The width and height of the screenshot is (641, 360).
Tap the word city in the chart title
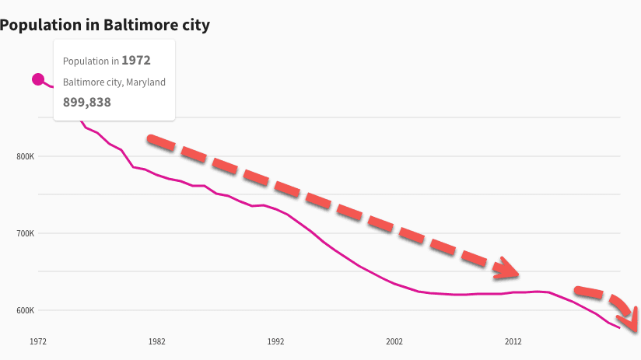[194, 25]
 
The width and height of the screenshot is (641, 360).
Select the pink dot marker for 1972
[37, 79]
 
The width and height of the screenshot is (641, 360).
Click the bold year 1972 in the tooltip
[135, 60]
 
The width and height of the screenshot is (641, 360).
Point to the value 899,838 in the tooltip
[86, 102]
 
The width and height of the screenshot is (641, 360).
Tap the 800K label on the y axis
[26, 157]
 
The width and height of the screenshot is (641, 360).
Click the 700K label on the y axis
[26, 233]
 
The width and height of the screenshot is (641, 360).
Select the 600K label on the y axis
[26, 310]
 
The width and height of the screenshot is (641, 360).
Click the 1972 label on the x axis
[38, 341]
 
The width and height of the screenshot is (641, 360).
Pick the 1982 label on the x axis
[157, 341]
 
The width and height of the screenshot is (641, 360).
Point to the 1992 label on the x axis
[275, 341]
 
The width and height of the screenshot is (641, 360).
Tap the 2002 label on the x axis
[394, 341]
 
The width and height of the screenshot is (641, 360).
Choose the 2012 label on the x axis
[513, 341]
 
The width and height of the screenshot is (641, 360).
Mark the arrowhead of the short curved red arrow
[631, 320]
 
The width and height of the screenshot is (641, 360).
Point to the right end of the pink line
[619, 328]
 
